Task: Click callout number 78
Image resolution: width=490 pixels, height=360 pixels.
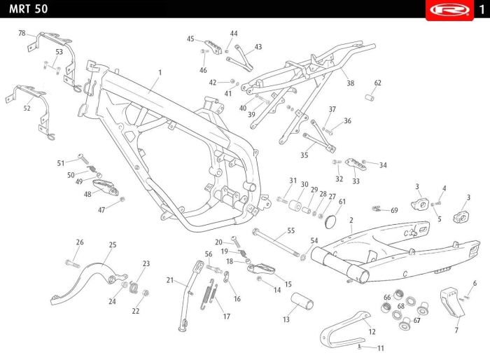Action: (22, 34)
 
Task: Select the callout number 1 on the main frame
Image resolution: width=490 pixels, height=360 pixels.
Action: (160, 72)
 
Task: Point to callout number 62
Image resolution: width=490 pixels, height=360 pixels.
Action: (378, 83)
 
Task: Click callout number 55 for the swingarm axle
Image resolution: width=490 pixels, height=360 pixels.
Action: (291, 230)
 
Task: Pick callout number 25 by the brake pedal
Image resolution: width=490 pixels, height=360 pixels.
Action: (113, 244)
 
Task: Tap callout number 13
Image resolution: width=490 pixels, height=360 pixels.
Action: (286, 319)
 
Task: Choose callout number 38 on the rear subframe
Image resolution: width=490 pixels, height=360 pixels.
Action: (350, 83)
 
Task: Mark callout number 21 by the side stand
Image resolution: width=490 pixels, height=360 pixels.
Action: (170, 280)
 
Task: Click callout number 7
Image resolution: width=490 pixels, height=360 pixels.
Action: (456, 329)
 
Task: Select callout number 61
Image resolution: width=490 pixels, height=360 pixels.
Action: (342, 202)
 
